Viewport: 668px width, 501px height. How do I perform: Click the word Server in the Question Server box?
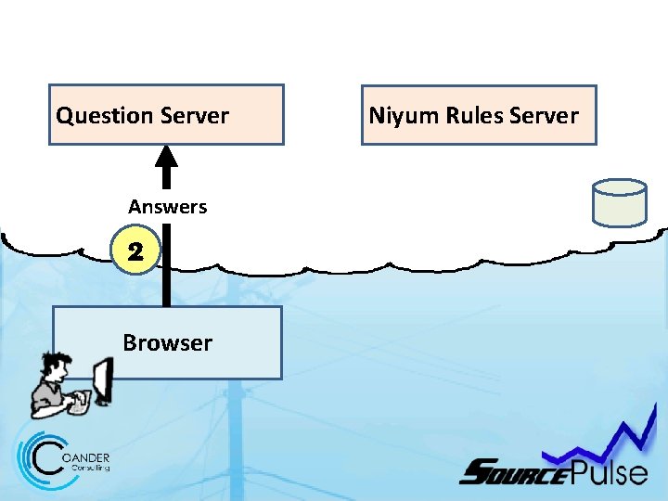194,116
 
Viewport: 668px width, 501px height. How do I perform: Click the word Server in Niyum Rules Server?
544,116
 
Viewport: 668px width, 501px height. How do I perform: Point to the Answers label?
167,207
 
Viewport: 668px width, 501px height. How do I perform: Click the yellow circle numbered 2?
135,251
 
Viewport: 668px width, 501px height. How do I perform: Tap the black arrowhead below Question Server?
166,155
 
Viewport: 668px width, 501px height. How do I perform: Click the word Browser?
167,343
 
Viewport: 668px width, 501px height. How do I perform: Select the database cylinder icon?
619,202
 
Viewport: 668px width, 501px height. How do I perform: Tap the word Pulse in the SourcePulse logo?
608,472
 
